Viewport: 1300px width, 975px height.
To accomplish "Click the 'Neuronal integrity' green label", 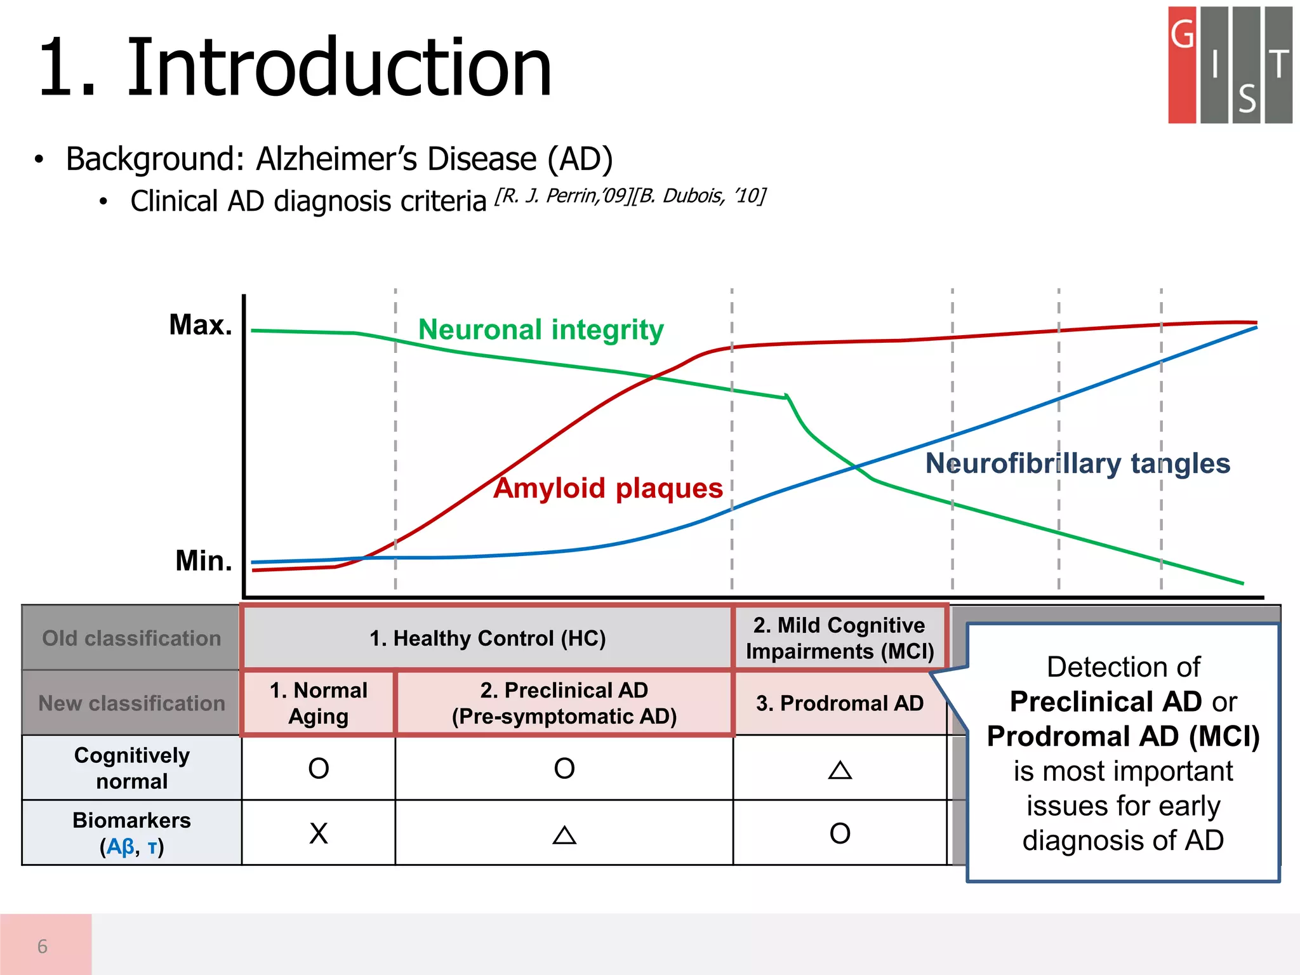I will (x=541, y=330).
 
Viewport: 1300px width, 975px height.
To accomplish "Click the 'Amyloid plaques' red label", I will (x=608, y=488).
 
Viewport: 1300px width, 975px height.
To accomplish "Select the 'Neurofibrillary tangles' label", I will (x=1077, y=463).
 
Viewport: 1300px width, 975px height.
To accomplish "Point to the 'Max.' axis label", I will (x=201, y=325).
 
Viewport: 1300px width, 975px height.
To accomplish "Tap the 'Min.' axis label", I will (x=204, y=561).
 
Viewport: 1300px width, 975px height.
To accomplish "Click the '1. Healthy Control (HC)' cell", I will (x=487, y=638).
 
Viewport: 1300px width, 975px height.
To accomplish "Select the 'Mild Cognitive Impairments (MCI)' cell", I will (x=839, y=638).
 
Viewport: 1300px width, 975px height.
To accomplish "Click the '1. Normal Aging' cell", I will (x=318, y=703).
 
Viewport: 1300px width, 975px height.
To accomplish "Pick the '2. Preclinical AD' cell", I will (x=564, y=703).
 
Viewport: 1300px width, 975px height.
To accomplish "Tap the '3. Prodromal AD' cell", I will (x=839, y=703).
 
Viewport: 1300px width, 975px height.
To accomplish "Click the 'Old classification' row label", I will (x=131, y=638).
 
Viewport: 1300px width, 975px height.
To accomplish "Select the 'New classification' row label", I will (x=131, y=703).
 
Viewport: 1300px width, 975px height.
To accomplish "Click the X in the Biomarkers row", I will (x=319, y=833).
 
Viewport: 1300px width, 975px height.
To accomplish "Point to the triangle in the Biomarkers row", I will (x=564, y=835).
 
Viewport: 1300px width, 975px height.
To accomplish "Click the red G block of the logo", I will (x=1182, y=63).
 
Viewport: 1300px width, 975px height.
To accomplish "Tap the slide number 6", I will (x=43, y=946).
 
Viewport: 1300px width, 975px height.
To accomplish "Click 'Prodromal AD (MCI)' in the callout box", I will (x=1123, y=736).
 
